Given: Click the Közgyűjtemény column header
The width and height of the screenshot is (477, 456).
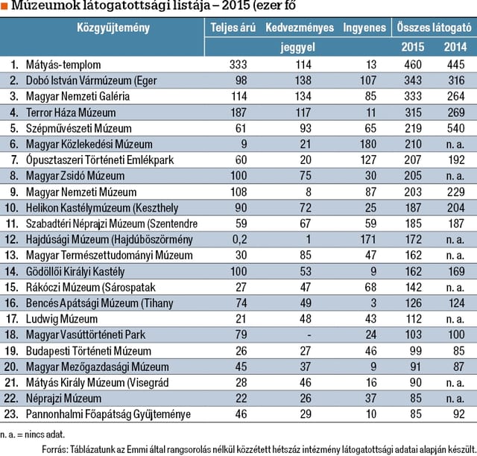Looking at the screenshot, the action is [113, 28].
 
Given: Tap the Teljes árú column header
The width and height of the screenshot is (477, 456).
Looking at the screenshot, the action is [233, 28].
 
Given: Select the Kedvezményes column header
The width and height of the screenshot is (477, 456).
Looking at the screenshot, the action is [300, 28].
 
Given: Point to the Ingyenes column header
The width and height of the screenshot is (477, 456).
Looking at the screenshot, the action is [364, 28].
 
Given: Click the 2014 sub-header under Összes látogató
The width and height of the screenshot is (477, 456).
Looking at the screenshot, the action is [455, 47].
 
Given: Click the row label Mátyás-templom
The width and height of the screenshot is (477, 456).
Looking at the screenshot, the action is [63, 65].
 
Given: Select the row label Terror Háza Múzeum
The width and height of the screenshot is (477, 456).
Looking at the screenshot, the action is [71, 113].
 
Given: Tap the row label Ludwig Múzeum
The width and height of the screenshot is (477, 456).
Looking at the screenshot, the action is [62, 319].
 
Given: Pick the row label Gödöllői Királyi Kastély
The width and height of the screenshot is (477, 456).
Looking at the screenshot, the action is [75, 272].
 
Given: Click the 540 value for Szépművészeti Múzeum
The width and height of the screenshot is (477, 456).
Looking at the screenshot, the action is [455, 128].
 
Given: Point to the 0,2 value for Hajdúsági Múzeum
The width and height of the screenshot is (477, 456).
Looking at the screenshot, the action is [240, 239].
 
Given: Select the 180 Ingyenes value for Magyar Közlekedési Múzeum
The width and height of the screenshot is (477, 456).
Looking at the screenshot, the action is [368, 145].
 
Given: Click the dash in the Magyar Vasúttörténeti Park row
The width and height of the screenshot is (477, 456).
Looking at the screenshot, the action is [309, 335].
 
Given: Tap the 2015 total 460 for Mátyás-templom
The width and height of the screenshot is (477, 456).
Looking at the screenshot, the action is [413, 65].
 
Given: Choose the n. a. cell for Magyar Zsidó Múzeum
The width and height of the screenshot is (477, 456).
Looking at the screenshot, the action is [455, 176].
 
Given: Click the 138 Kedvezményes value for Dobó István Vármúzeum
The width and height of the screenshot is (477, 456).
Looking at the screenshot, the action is [303, 80].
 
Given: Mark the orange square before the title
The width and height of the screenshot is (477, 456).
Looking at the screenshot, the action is [4, 6].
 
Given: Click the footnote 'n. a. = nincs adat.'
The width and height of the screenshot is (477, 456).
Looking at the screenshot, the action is [33, 434].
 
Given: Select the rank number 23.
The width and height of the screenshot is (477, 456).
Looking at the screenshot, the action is [11, 414].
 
